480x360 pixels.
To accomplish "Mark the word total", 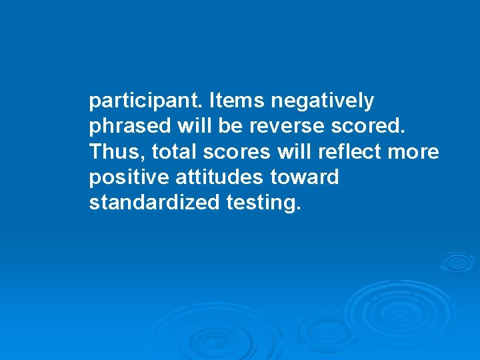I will coord(173,153).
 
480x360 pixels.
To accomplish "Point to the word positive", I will coord(129,178).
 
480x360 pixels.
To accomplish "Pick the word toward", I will coord(306,178).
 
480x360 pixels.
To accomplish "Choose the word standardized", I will coord(152,203).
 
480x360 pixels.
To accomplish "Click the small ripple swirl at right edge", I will coord(457,262).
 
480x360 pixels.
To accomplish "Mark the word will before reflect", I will coord(294,153).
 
